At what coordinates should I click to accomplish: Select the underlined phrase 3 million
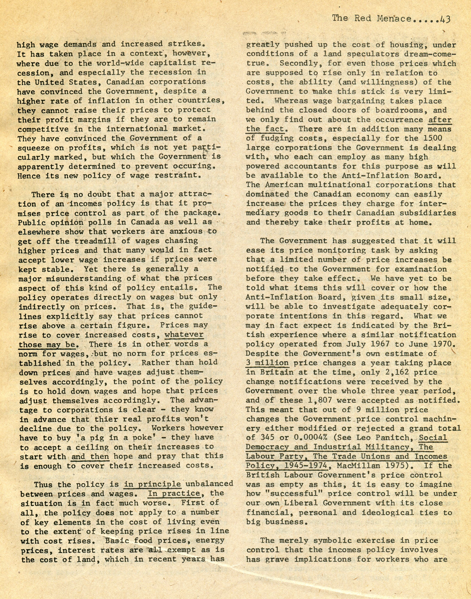(x=267, y=363)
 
